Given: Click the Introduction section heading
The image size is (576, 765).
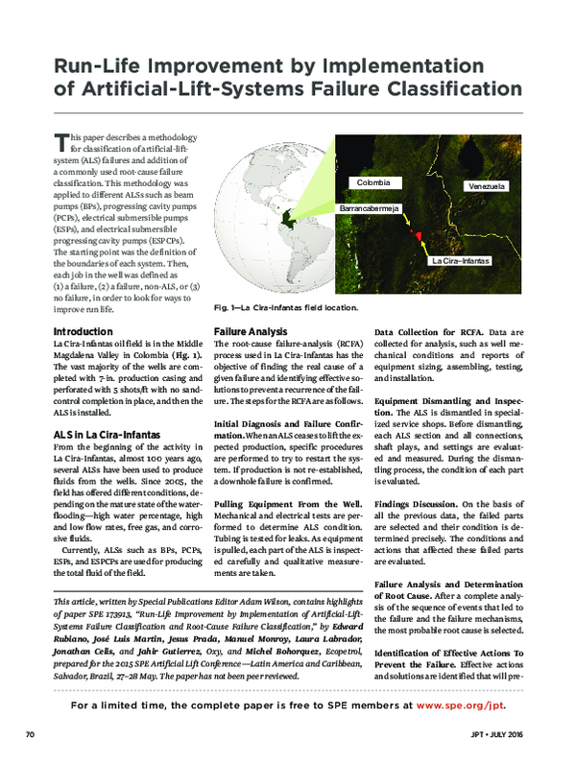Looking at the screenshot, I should [87, 331].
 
